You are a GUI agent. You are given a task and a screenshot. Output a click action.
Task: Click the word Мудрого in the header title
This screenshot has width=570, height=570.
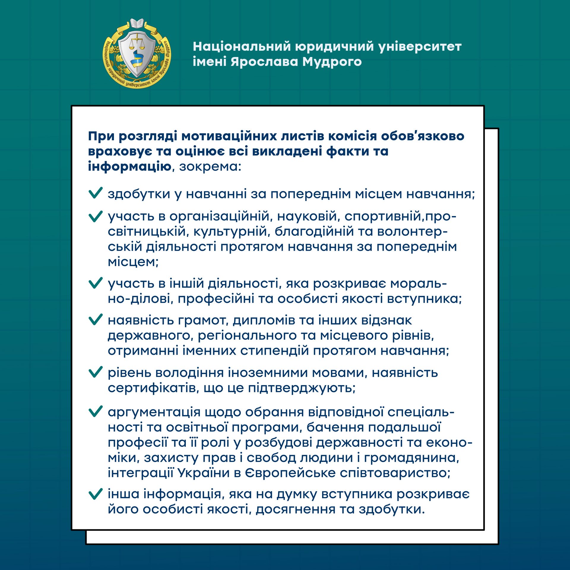point(332,62)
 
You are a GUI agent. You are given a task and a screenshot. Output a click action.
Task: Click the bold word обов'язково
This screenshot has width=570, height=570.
point(422,136)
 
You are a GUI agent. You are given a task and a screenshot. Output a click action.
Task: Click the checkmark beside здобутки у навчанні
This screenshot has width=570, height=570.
point(96,193)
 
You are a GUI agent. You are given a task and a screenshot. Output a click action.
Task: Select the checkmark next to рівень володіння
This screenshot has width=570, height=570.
point(96,372)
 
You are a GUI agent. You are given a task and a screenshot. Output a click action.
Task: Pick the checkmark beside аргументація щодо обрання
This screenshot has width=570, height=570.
point(96,411)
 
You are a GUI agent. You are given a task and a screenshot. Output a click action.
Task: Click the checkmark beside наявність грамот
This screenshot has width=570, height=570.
point(96,319)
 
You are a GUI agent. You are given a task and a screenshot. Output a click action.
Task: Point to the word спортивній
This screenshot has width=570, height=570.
point(383,216)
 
